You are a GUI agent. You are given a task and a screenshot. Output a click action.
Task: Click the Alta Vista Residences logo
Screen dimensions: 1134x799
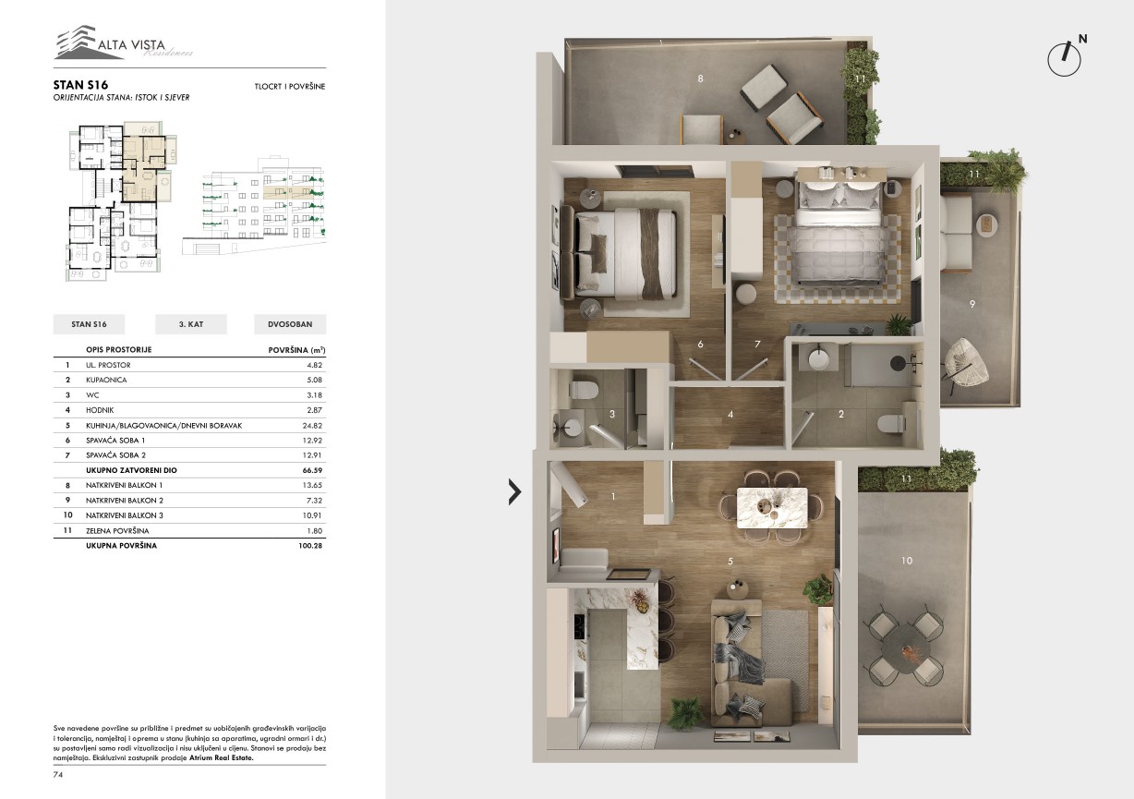[x=124, y=42]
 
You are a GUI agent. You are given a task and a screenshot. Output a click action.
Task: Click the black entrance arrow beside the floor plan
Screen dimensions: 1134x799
[x=514, y=492]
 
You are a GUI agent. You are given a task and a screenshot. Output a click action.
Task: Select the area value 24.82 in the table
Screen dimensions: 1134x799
[x=312, y=426]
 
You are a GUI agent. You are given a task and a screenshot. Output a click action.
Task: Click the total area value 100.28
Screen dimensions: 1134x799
[x=310, y=546]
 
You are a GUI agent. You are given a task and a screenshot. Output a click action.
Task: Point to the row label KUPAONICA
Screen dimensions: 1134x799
[x=106, y=380]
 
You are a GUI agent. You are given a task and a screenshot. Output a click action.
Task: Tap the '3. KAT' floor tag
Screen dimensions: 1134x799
[x=191, y=324]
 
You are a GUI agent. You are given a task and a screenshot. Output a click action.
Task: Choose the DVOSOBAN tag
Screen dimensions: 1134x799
[x=290, y=324]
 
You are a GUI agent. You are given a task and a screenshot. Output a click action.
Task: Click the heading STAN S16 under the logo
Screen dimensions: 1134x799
[x=80, y=85]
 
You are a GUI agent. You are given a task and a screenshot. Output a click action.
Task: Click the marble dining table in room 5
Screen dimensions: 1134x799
[x=772, y=507]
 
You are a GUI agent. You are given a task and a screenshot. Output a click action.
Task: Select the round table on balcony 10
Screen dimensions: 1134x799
[x=907, y=648]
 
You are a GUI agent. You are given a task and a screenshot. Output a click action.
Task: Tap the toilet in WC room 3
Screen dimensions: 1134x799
[x=584, y=390]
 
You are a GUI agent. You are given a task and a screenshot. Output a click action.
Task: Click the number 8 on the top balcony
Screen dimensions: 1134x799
[x=700, y=79]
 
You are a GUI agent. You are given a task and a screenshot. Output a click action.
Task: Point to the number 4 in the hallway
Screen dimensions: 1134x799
[x=730, y=415]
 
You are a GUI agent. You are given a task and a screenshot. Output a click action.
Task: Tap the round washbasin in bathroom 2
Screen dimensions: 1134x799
[x=818, y=358]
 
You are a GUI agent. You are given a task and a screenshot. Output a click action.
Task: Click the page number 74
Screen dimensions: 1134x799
[x=57, y=775]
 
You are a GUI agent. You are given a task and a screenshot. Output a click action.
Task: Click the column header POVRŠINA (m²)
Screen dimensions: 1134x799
[x=296, y=350]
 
